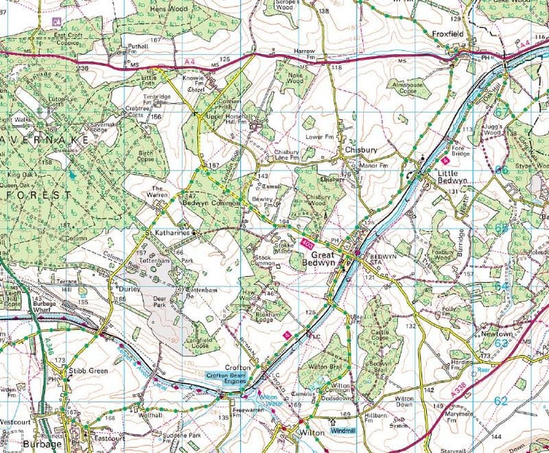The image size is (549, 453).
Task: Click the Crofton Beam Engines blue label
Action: pos(231,376)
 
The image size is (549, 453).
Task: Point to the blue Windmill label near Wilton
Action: pos(344,431)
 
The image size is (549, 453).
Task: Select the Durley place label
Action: pos(130,290)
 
